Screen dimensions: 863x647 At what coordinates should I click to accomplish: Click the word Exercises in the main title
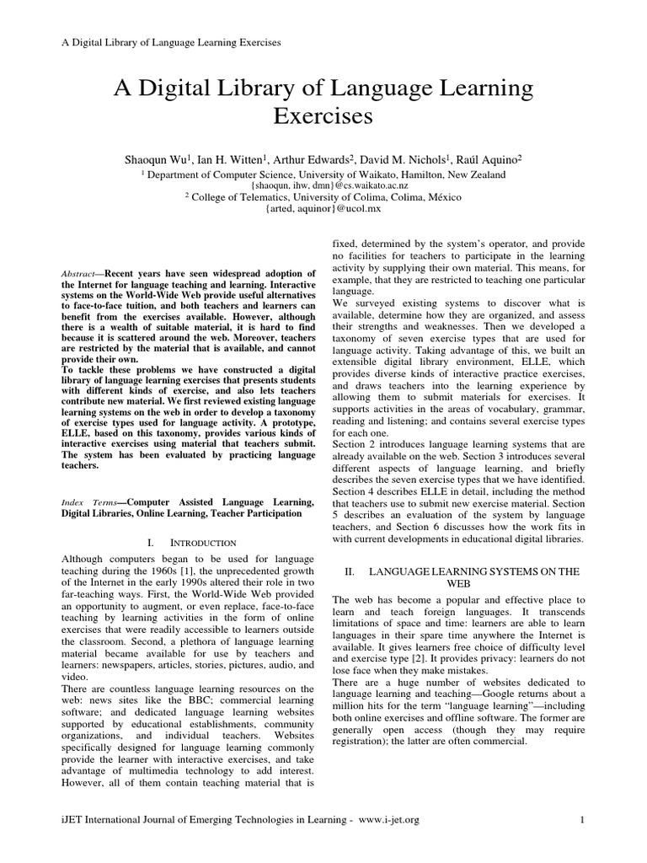(323, 115)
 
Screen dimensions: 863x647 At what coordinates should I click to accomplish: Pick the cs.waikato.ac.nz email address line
(323, 185)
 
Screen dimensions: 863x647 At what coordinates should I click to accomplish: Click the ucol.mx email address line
(323, 206)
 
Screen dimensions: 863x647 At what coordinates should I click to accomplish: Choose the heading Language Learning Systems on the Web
(463, 576)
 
